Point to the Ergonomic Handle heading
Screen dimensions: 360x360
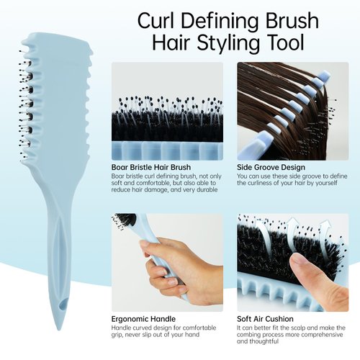point(143,318)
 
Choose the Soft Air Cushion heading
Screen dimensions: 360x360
point(265,318)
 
